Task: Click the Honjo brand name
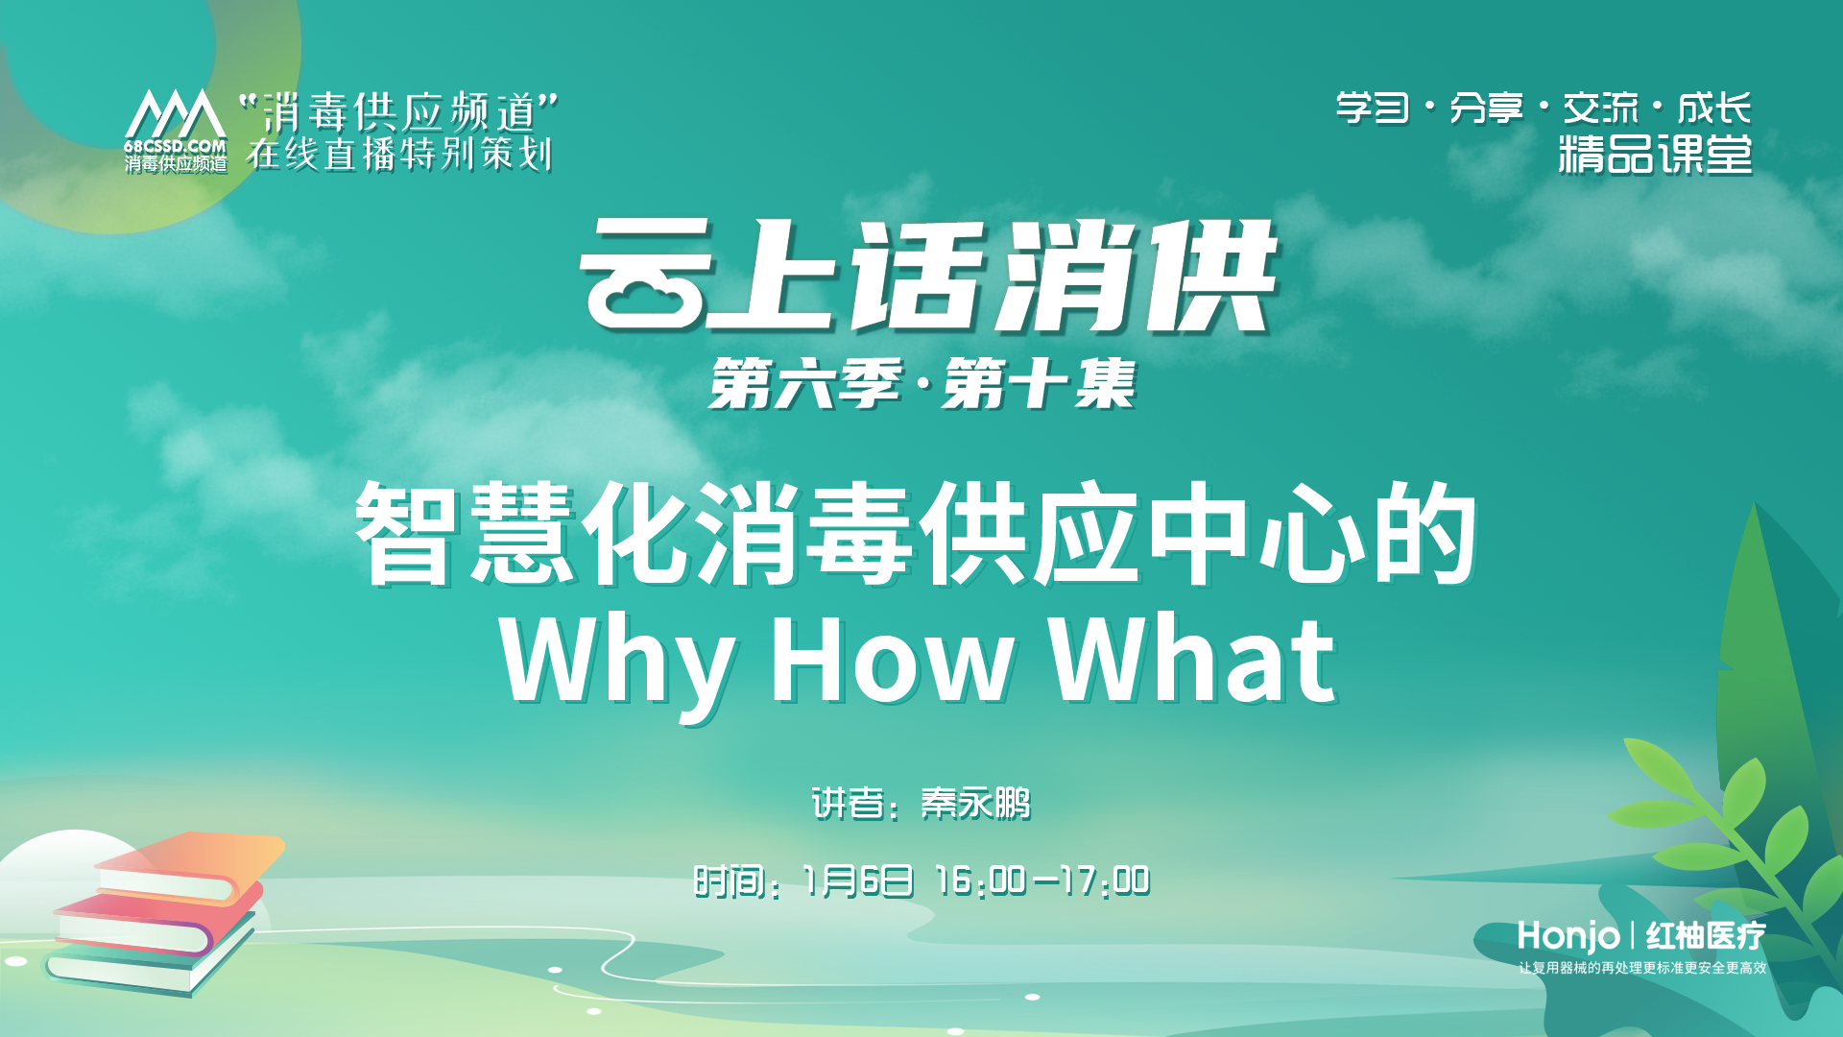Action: [x=1568, y=935]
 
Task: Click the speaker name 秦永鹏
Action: [x=975, y=803]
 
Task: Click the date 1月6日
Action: [x=857, y=880]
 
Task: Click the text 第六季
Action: [x=805, y=384]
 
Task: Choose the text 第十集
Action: [x=1039, y=384]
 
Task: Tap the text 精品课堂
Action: [x=1655, y=155]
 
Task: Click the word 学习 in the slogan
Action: [x=1373, y=108]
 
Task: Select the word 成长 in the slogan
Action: [x=1714, y=108]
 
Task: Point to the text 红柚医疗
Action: [x=1706, y=935]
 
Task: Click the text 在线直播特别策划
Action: [x=399, y=154]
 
